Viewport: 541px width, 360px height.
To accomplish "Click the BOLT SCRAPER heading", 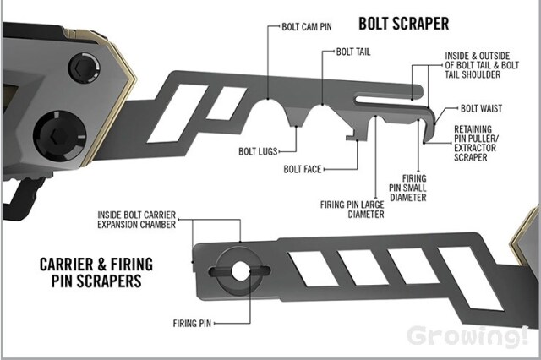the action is (404, 24).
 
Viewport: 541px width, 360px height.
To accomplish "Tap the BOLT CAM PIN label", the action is (306, 27).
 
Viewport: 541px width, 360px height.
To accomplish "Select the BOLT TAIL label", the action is (353, 52).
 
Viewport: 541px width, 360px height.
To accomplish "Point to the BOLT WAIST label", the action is (481, 109).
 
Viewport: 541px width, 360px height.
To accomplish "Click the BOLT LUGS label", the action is (258, 151).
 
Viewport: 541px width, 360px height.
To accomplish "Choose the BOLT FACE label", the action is (303, 169).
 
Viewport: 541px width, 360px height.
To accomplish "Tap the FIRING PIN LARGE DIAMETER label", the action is (352, 210).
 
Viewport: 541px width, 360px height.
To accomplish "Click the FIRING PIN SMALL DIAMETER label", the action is (407, 188).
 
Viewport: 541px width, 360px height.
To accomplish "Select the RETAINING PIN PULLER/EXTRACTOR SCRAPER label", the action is (476, 143).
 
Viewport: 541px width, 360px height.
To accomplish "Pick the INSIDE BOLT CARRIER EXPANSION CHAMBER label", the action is (137, 220).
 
